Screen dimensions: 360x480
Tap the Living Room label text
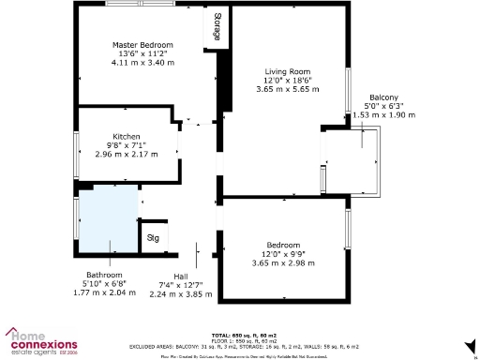click(x=287, y=71)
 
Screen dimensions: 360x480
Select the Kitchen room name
click(x=127, y=135)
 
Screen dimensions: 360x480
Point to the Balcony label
click(x=383, y=97)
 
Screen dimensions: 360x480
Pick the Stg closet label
click(x=153, y=238)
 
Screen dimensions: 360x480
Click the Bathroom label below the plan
click(x=104, y=275)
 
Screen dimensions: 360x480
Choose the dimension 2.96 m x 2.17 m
click(x=127, y=153)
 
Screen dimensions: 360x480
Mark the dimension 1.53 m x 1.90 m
click(x=383, y=115)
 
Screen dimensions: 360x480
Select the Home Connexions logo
click(x=42, y=341)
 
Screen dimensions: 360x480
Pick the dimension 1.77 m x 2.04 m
click(x=104, y=292)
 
